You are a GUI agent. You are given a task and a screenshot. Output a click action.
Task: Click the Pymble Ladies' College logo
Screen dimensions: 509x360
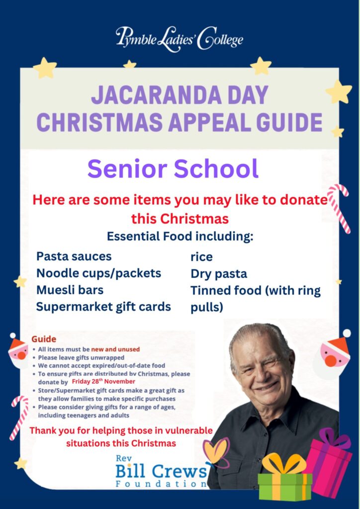point(180,39)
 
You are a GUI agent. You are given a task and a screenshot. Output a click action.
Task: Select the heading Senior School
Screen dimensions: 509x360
point(173,169)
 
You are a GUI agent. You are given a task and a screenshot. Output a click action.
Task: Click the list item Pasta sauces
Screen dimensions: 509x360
point(74,256)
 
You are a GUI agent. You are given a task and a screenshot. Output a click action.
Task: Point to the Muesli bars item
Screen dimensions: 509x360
point(70,289)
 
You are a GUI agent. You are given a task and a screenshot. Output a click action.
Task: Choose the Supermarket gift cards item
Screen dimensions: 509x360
point(103,306)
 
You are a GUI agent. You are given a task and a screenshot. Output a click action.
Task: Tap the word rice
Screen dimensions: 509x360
point(201,257)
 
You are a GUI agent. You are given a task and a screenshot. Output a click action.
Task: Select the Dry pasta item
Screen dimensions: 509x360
point(219,274)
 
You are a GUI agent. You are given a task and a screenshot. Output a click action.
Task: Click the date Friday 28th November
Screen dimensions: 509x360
point(103,381)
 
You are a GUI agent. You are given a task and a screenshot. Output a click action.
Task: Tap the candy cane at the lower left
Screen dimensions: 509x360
point(19,417)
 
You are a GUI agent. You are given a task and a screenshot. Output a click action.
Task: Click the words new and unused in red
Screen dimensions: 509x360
point(115,349)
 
